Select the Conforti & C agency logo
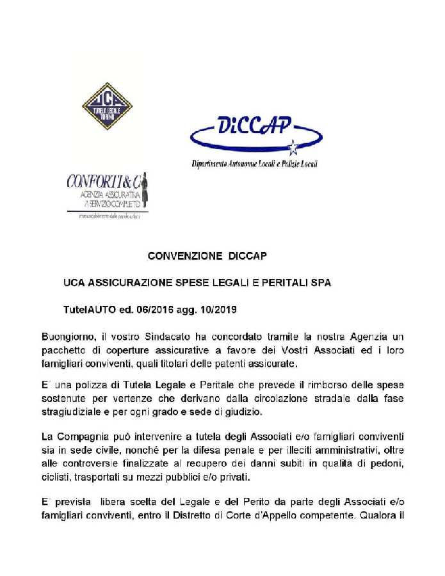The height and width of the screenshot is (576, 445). pyautogui.click(x=108, y=193)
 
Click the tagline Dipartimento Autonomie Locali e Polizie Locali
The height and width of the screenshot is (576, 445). pyautogui.click(x=254, y=164)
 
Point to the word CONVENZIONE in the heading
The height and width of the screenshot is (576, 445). pyautogui.click(x=185, y=256)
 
